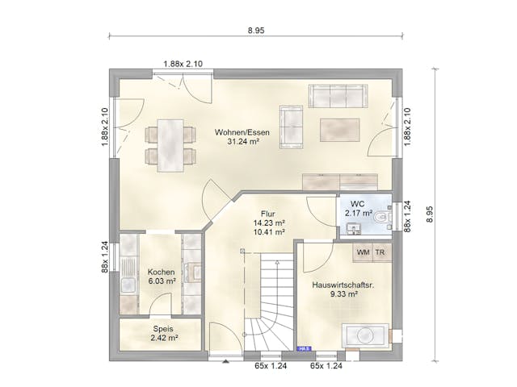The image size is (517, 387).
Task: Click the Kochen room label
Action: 162,273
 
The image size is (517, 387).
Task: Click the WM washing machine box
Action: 363,253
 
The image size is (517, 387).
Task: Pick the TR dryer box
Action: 380,253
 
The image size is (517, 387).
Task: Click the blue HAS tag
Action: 305,349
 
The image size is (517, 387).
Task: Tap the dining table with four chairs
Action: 170,144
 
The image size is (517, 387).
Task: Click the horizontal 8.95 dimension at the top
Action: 257,30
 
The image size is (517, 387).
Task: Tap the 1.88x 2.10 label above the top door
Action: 183,64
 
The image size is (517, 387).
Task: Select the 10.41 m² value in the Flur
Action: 268,232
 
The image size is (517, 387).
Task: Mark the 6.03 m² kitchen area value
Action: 162,282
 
